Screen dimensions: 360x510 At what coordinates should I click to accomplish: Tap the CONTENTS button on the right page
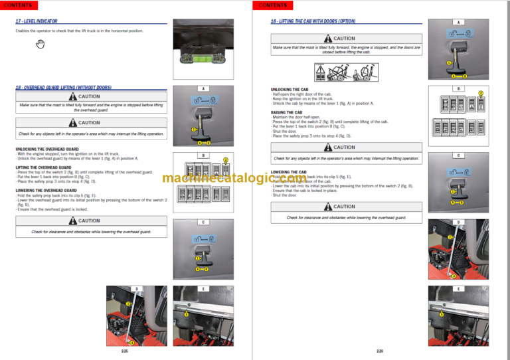tap(272, 5)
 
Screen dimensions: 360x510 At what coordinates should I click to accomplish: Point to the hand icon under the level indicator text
tap(40, 44)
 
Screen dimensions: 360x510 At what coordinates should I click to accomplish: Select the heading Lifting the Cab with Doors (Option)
tap(308, 21)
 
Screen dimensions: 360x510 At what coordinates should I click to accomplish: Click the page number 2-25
tap(126, 350)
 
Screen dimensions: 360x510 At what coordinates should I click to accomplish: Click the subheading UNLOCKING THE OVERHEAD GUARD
tap(47, 149)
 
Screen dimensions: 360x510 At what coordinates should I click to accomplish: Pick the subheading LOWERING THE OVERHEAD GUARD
tap(46, 191)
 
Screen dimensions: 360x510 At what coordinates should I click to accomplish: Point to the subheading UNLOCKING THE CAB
tap(290, 90)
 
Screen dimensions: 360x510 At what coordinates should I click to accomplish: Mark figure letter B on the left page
tap(203, 155)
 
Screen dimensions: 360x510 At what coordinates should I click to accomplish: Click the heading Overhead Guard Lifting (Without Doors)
tap(63, 88)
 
